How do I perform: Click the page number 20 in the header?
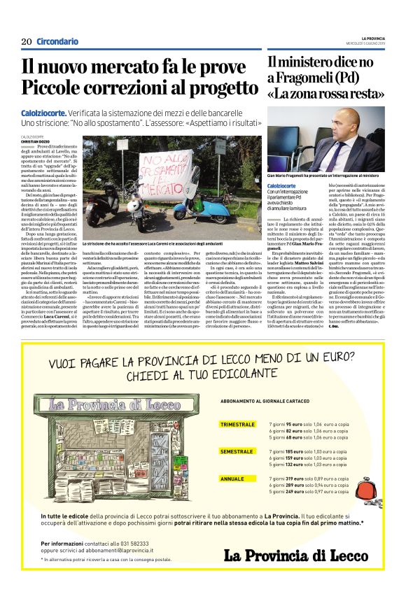tap(26, 41)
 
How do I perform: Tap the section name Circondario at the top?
tap(57, 41)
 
